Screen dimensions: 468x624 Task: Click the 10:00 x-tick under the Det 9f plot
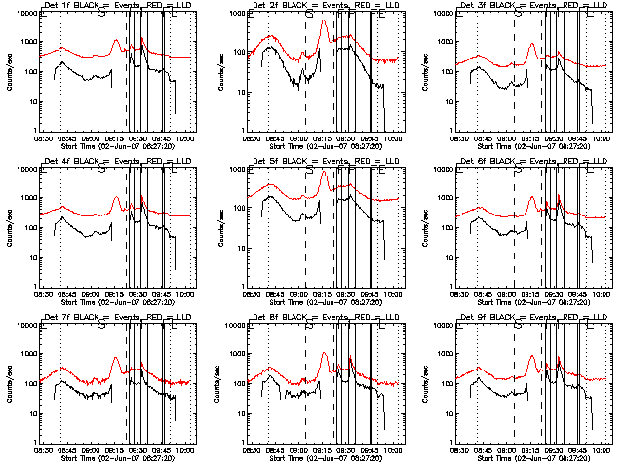tap(603, 450)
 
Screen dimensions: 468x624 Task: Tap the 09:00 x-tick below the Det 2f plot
tap(301, 138)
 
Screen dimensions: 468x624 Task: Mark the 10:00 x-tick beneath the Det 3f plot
tap(603, 138)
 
